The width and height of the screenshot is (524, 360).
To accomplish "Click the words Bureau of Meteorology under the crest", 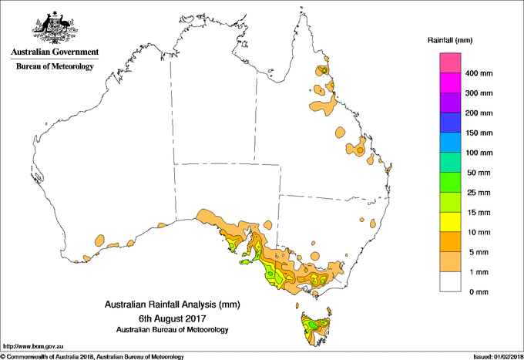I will click(x=55, y=66).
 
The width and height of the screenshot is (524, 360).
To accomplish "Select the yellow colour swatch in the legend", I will click(x=450, y=222).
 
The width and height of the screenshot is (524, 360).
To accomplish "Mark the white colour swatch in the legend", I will click(x=450, y=281).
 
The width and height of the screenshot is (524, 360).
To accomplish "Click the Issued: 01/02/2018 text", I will click(x=495, y=355).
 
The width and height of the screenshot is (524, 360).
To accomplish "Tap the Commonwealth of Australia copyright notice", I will click(x=92, y=355).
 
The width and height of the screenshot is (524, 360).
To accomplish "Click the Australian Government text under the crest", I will click(x=55, y=52).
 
